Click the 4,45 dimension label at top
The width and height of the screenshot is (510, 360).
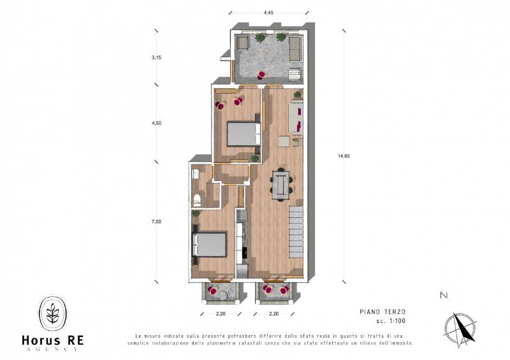point(268,13)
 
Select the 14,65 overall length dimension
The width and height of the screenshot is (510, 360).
point(344,155)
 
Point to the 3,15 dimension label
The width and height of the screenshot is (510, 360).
point(156,57)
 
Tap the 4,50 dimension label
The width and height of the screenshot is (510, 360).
point(156,123)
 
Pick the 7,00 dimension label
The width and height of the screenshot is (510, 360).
point(156,222)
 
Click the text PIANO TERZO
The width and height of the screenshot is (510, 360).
point(382,312)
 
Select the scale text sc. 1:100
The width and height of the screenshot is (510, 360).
point(391,321)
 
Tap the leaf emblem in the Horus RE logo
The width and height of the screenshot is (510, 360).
point(53,313)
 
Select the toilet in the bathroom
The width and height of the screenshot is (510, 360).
point(197,200)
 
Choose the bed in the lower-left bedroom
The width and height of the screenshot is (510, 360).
point(210,245)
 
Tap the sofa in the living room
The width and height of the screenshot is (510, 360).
point(296,117)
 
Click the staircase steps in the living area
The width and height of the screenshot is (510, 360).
point(296,232)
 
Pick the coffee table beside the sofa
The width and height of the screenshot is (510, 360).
point(284,141)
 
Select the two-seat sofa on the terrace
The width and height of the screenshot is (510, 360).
point(295,49)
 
